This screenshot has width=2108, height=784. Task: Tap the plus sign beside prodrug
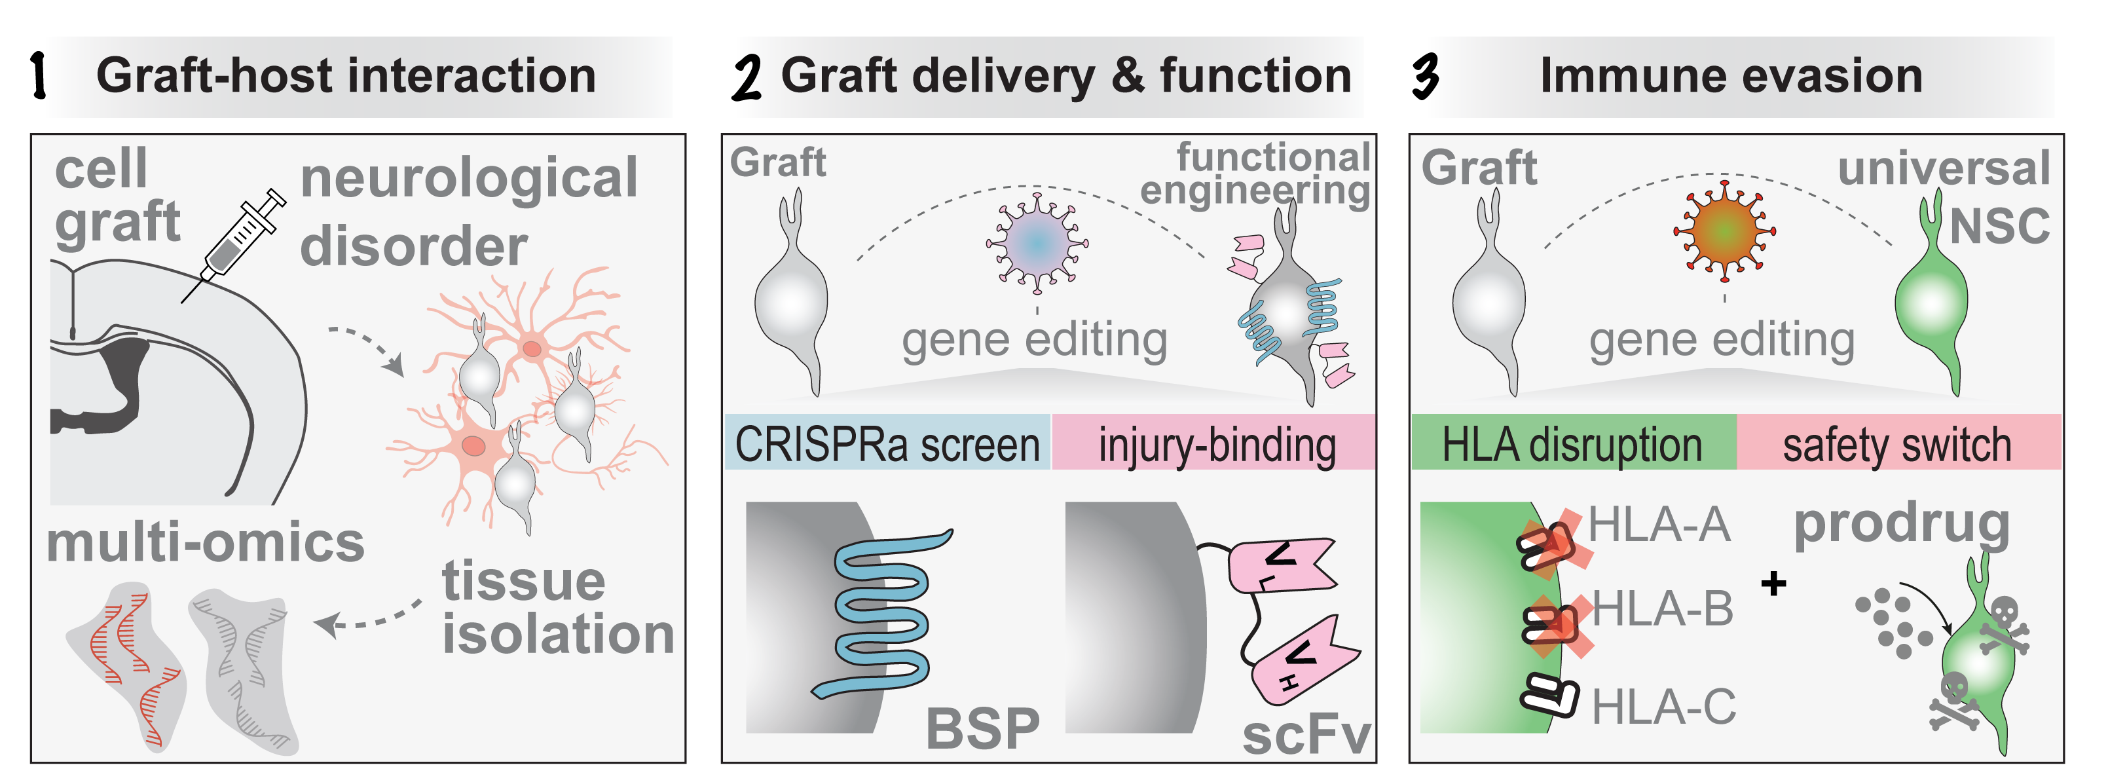click(x=1773, y=584)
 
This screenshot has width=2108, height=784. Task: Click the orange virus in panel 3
click(x=1724, y=230)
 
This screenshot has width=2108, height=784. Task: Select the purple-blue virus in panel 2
click(x=1037, y=243)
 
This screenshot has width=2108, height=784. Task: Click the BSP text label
click(x=982, y=728)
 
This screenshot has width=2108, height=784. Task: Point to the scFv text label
click(x=1305, y=736)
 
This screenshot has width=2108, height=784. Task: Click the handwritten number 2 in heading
click(x=747, y=78)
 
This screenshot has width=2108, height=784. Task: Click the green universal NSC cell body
click(x=1931, y=307)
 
